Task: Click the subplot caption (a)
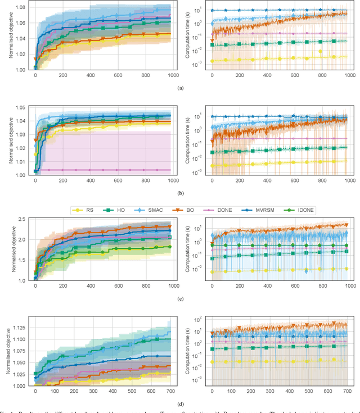(x=180, y=88)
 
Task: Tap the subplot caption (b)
(x=180, y=193)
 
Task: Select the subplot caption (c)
(x=180, y=298)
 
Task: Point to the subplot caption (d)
(x=180, y=403)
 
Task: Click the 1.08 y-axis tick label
(x=19, y=6)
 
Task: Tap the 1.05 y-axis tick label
(x=19, y=108)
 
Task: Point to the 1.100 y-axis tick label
(x=17, y=339)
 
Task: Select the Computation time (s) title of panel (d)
(x=187, y=351)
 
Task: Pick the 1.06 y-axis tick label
(x=19, y=24)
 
